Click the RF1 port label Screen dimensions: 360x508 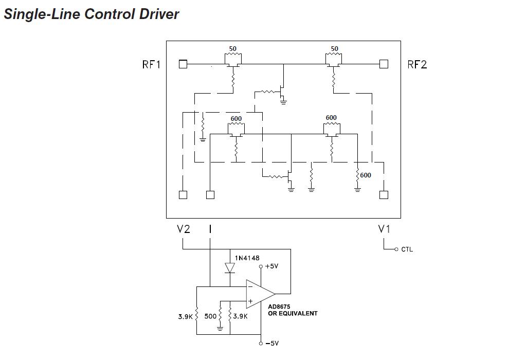coord(151,64)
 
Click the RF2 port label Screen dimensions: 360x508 coord(417,64)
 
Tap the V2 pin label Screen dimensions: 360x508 coord(184,229)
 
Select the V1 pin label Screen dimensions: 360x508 coord(384,229)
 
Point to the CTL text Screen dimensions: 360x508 coord(407,249)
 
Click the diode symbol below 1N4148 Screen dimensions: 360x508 coord(230,268)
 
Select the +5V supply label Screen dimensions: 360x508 coord(271,266)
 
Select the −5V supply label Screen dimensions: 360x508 coord(271,343)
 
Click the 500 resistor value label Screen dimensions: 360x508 coord(211,316)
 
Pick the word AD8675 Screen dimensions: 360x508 coord(279,307)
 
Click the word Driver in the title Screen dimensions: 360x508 coord(159,14)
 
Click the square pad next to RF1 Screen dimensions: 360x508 coord(183,64)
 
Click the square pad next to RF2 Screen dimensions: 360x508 coord(384,64)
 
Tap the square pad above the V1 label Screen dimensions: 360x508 coord(384,195)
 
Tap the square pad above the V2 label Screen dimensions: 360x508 coord(183,195)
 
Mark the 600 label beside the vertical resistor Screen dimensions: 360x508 coord(366,175)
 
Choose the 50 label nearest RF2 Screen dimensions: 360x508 coord(335,49)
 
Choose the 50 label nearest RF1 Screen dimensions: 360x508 coord(233,49)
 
